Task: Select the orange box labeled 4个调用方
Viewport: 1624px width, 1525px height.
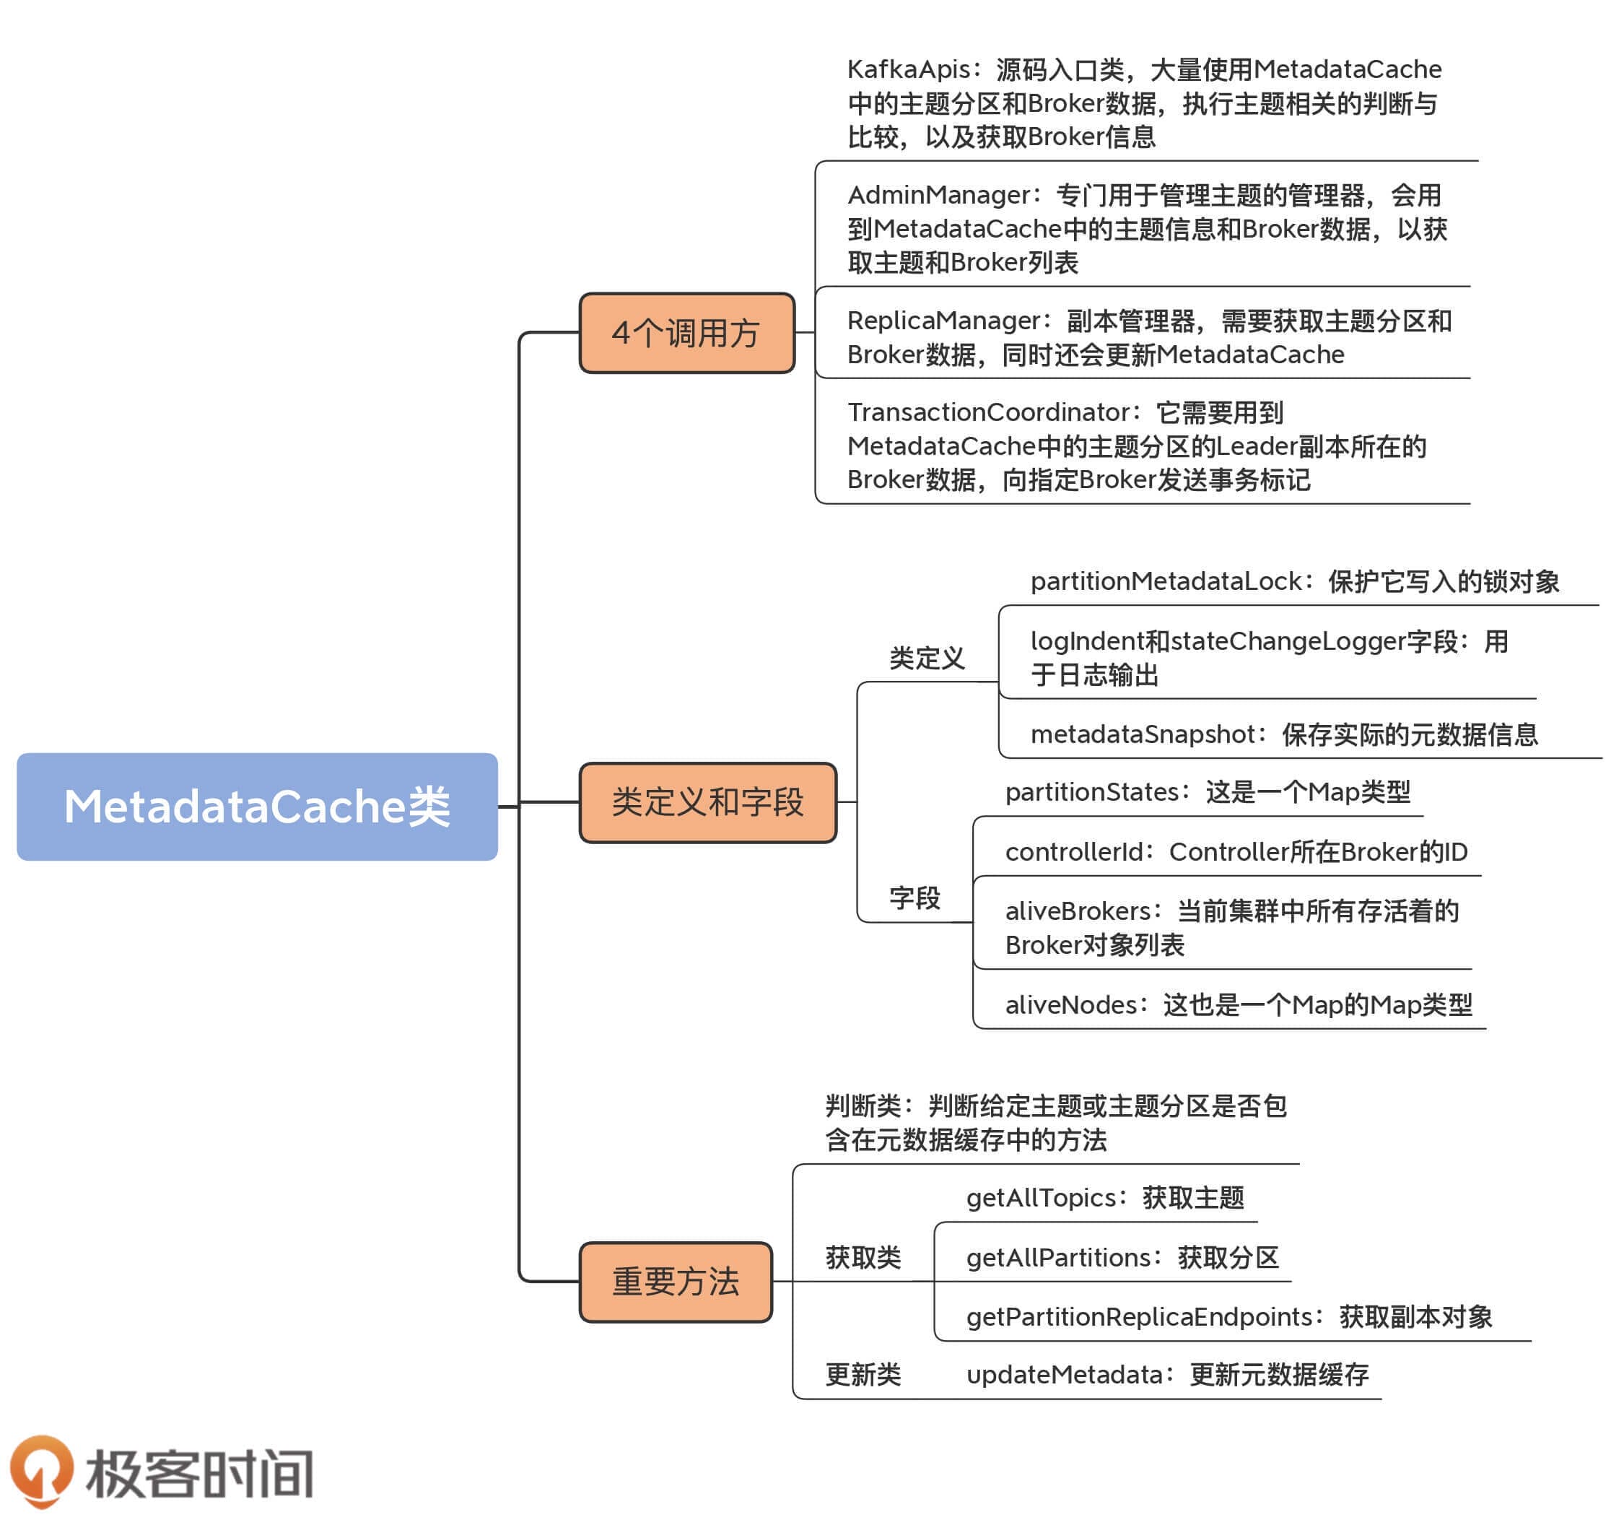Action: coord(686,333)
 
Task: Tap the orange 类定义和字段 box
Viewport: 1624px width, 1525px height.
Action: coord(707,801)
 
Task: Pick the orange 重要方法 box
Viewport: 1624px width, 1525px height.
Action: coord(676,1282)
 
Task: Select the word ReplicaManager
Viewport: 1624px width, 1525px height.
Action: coord(943,321)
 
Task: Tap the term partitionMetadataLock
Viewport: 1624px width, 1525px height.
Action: coord(1166,581)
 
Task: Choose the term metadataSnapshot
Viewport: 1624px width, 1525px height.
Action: coord(1142,734)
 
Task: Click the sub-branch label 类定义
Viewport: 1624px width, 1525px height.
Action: coord(926,658)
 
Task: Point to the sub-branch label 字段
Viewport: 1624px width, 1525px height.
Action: coord(914,898)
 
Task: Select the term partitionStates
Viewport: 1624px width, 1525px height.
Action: coord(1091,791)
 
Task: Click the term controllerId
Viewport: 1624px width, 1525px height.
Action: coord(1073,851)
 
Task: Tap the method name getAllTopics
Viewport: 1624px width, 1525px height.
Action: coord(1041,1197)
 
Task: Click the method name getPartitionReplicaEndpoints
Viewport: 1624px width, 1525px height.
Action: coord(1139,1316)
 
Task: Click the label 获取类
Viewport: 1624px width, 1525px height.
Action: coord(863,1257)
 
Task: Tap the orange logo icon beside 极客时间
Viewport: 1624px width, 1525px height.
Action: coord(41,1471)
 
